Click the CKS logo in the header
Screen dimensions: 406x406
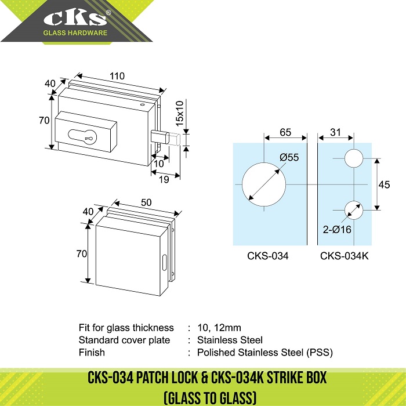75,22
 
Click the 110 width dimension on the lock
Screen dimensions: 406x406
117,76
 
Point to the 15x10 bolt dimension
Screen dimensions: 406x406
179,114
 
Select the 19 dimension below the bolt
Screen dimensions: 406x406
164,179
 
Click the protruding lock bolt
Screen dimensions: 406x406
165,138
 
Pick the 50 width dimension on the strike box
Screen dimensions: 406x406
146,202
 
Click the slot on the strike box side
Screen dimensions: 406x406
164,263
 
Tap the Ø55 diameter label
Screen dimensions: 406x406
289,157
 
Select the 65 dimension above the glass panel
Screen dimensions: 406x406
285,132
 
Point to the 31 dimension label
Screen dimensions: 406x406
335,132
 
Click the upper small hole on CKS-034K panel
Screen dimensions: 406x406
354,158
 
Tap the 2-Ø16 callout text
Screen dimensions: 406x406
337,230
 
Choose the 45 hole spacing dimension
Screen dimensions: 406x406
384,184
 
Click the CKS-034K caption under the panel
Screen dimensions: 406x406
344,256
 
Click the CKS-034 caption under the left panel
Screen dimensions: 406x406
268,256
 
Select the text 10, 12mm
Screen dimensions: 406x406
219,328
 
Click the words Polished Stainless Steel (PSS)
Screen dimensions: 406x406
265,353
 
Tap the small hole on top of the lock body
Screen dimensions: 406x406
142,104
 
